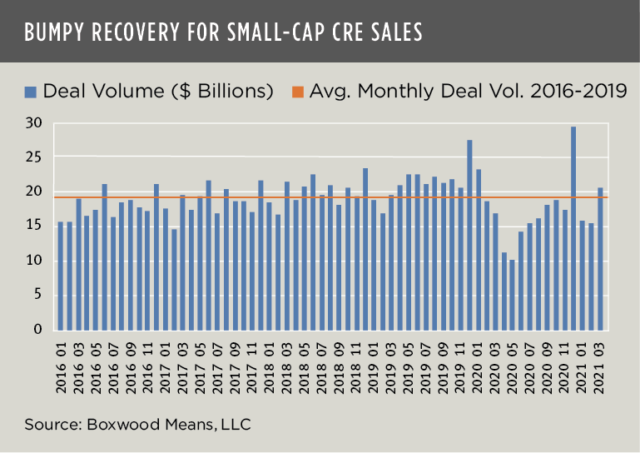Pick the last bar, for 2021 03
[600, 258]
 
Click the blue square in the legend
[31, 91]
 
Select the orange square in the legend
[297, 91]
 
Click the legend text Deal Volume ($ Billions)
[158, 91]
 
